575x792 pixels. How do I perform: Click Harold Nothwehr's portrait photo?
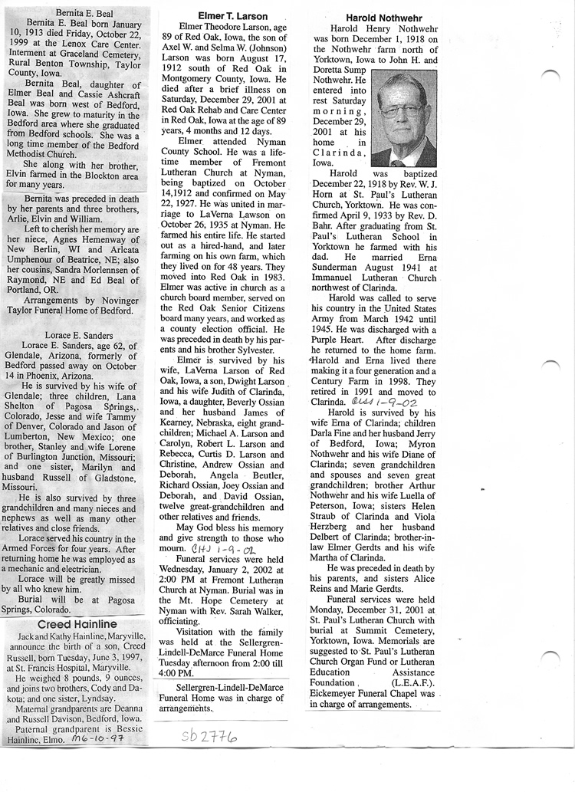(403, 119)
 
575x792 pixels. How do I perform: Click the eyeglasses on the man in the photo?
(400, 110)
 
